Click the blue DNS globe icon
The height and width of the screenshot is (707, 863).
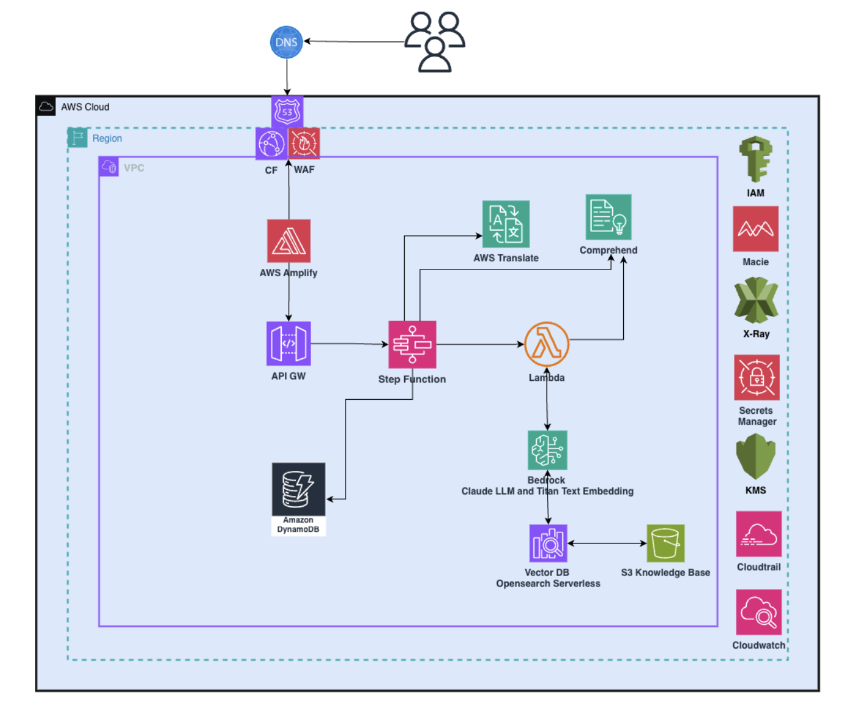286,42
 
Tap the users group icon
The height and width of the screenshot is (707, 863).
435,42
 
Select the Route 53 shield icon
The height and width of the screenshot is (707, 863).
287,111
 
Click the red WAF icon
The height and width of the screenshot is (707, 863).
304,144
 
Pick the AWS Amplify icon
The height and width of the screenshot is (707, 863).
288,241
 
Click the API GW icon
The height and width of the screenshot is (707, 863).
288,344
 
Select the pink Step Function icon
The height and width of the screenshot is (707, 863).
412,344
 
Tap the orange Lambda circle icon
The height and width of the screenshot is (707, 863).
547,344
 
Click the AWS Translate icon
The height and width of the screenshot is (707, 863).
506,224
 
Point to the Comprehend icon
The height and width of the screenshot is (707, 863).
608,217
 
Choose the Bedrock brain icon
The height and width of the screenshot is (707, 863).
547,450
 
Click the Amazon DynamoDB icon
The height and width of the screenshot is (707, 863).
298,490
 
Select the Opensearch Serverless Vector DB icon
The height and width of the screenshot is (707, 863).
548,543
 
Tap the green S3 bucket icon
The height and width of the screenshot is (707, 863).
665,543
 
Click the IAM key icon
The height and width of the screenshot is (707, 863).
755,159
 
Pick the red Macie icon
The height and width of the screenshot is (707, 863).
755,229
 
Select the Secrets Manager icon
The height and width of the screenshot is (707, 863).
756,377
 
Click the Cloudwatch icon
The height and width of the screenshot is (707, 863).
758,612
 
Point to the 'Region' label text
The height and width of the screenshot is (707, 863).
107,139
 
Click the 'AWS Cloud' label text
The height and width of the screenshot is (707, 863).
85,107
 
